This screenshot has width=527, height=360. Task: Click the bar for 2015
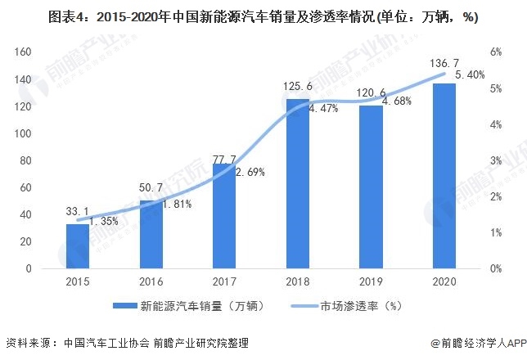pyautogui.click(x=78, y=245)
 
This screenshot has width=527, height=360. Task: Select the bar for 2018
pyautogui.click(x=298, y=183)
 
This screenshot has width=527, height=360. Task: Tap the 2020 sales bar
pyautogui.click(x=444, y=176)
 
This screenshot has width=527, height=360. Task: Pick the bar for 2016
pyautogui.click(x=151, y=234)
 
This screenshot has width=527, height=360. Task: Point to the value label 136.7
pyautogui.click(x=444, y=63)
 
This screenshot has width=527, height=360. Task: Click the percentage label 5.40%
pyautogui.click(x=470, y=74)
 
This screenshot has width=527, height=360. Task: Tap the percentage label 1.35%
pyautogui.click(x=103, y=220)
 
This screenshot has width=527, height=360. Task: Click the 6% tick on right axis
pyautogui.click(x=496, y=52)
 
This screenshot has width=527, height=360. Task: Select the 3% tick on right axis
pyautogui.click(x=496, y=160)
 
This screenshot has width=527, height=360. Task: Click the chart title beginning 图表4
pyautogui.click(x=263, y=16)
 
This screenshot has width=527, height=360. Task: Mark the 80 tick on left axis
pyautogui.click(x=25, y=160)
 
